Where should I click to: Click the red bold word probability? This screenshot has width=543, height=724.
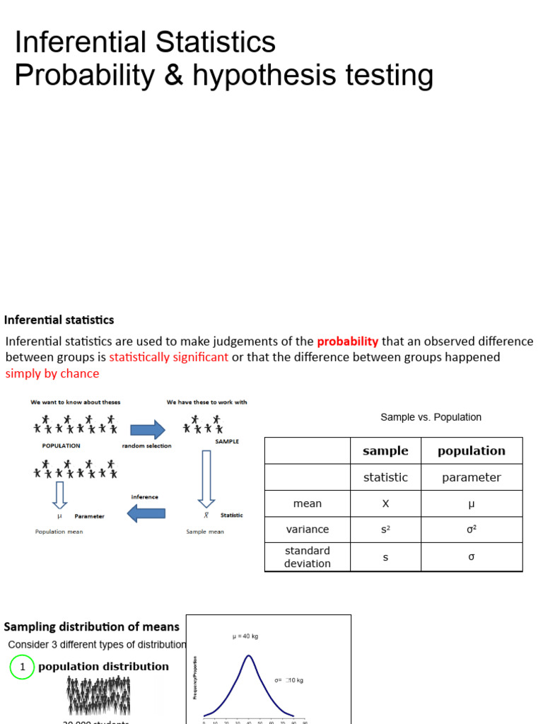tap(347, 341)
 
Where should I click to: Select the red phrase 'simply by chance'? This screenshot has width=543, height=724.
tap(52, 373)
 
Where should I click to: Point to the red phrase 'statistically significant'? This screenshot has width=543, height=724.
tap(169, 357)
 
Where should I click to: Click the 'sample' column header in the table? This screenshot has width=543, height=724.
tap(385, 450)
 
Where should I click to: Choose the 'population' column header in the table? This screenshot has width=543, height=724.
tap(471, 450)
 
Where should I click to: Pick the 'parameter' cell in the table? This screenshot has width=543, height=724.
tap(471, 477)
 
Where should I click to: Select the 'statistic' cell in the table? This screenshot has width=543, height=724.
tap(385, 477)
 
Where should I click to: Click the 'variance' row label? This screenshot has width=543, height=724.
tap(308, 530)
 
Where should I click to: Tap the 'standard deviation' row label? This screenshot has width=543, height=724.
tap(308, 557)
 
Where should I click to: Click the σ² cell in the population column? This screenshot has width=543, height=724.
tap(471, 530)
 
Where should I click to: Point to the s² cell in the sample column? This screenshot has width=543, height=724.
tap(385, 530)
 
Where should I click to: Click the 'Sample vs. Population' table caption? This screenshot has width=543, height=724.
tap(431, 417)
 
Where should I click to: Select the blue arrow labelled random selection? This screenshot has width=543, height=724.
tap(147, 429)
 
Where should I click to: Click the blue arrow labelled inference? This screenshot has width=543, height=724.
tap(145, 514)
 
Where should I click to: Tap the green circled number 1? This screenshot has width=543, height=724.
tap(23, 667)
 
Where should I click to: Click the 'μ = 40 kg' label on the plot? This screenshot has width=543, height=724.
tap(245, 636)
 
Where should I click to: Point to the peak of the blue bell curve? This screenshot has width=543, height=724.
tap(248, 656)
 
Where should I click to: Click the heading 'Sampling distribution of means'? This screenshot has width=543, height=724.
tap(92, 626)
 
